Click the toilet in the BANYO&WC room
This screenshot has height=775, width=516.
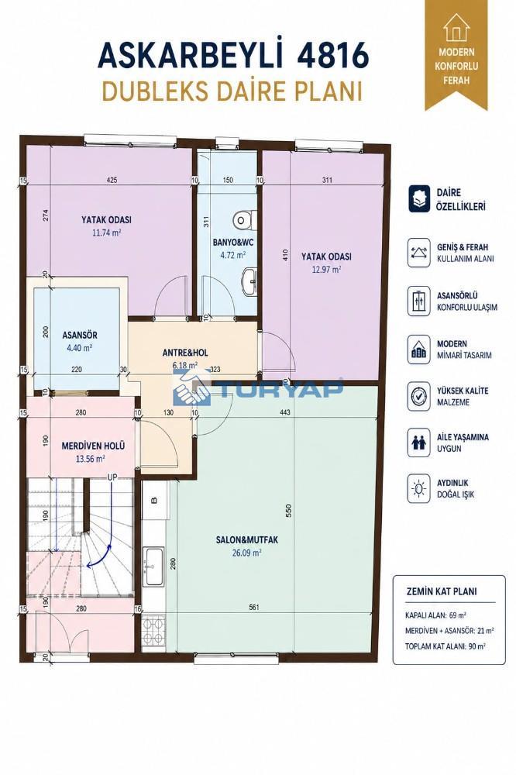pos(245,219)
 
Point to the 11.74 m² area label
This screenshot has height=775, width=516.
pos(107,232)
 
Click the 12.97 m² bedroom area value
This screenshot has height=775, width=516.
pos(326,270)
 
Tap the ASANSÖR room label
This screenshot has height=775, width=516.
pos(80,335)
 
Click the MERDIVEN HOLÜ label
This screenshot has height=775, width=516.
pos(93,446)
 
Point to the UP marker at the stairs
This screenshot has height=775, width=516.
pos(112,477)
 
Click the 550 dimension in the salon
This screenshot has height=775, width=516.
pos(289,510)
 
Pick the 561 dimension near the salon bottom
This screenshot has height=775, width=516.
pos(254,608)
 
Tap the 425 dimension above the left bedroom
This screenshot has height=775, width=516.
pos(112,180)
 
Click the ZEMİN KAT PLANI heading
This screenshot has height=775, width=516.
pos(442,591)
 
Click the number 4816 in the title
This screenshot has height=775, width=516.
pos(332,55)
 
